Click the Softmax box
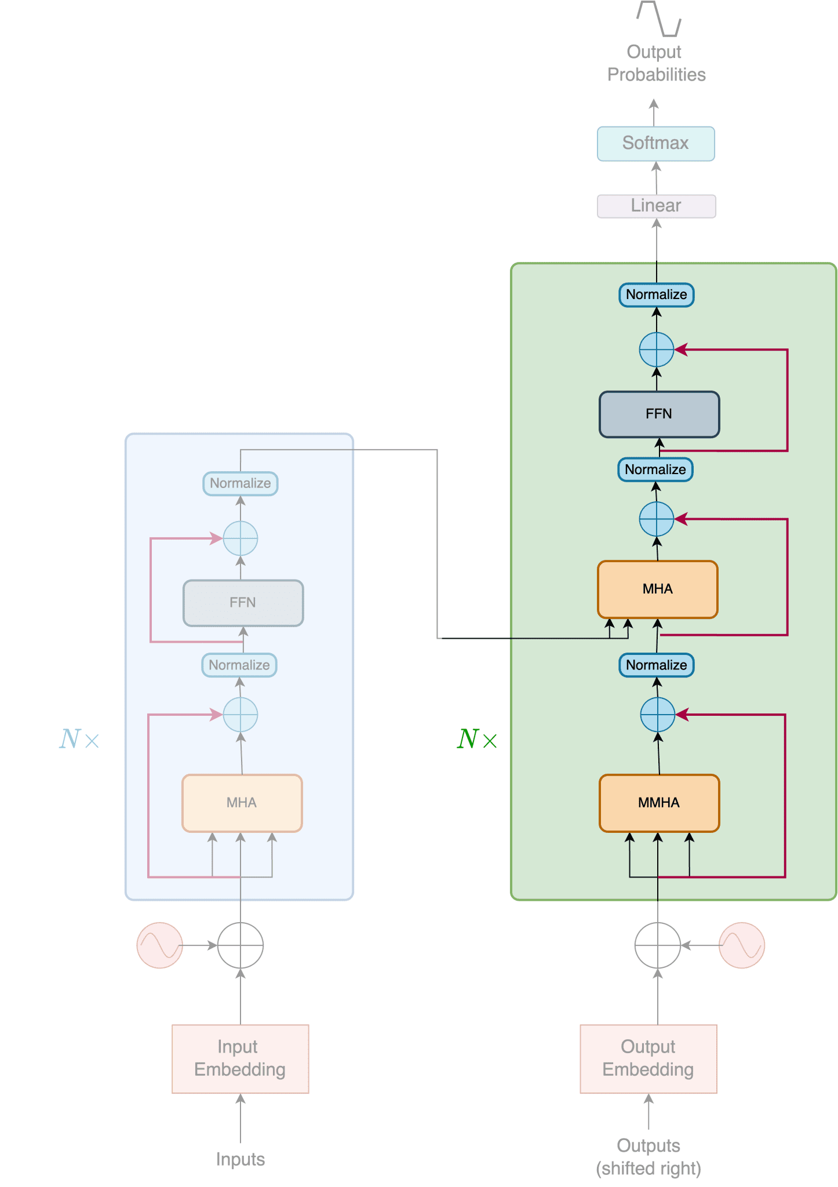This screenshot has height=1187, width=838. point(655,143)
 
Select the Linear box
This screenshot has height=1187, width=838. point(656,206)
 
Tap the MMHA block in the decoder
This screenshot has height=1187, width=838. point(659,803)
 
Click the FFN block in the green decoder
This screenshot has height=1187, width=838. point(659,414)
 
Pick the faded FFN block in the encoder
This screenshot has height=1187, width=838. point(243,603)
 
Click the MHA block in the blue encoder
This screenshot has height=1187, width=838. point(242,803)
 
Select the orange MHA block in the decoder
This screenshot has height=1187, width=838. point(657,589)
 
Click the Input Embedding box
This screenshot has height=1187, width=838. point(240,1058)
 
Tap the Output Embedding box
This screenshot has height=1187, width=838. point(648,1058)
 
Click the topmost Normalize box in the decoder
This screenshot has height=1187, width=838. point(656,294)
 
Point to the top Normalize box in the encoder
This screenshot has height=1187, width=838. point(240,483)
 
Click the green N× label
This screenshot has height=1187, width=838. point(476,739)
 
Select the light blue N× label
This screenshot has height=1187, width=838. point(79,739)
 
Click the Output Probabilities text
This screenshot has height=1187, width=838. point(655,63)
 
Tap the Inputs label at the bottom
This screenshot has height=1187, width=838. point(240,1159)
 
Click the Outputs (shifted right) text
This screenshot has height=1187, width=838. point(648,1157)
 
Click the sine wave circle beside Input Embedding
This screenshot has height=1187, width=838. point(159,945)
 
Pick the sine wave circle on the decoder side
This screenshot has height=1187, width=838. point(741,945)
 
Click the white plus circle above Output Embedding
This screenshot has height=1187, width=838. point(657,945)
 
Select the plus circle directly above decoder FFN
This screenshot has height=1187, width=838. point(656,349)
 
